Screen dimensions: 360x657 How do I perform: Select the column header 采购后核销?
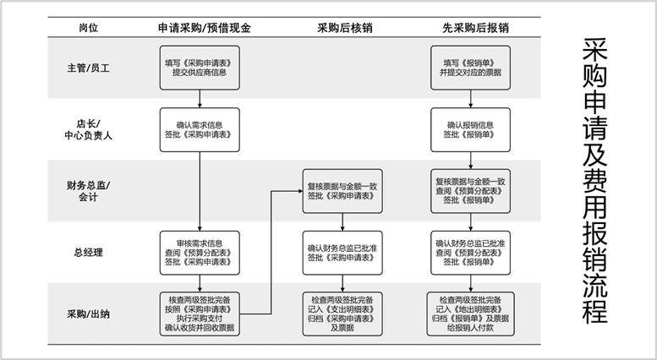344,27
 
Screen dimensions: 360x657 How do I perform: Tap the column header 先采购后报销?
474,27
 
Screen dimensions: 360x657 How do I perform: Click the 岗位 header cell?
88,27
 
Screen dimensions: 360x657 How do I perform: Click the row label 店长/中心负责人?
88,130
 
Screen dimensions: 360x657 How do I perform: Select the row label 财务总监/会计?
88,191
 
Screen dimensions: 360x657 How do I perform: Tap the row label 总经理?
88,251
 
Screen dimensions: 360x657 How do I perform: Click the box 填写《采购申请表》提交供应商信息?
200,68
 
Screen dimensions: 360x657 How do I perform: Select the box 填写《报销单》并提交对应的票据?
470,68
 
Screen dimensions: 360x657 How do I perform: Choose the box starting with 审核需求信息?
200,252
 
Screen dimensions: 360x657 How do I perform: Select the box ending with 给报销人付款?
470,314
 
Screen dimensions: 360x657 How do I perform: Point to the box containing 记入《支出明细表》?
342,314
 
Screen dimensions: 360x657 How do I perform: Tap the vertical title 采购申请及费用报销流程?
594,180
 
